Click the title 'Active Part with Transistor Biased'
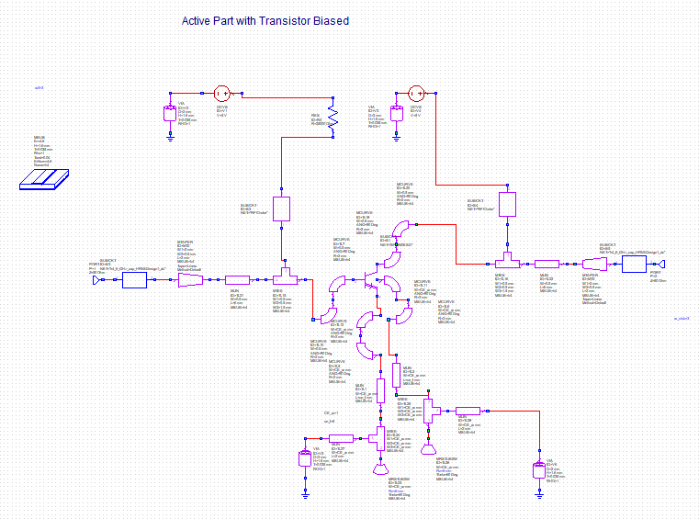[265, 20]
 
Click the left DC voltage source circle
[220, 94]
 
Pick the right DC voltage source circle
[415, 94]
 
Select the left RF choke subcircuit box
[282, 210]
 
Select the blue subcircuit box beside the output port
[634, 265]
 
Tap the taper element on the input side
[189, 278]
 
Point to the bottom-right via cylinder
[538, 471]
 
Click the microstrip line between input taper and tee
[237, 278]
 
